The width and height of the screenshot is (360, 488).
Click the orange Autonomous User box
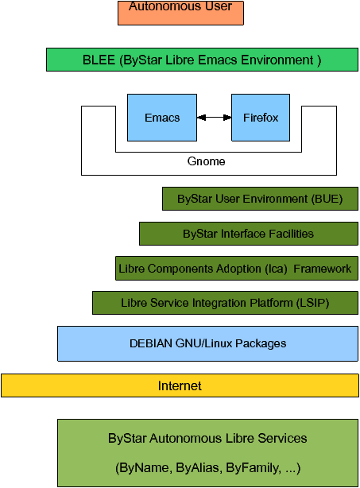pos(180,13)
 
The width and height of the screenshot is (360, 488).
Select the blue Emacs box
pos(162,118)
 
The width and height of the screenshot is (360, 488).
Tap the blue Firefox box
pos(261,118)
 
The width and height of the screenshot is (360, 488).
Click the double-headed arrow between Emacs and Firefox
pos(214,118)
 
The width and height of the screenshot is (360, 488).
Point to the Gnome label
pos(206,161)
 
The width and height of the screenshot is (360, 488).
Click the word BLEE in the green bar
pos(99,60)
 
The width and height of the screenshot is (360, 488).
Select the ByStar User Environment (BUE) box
pos(260,199)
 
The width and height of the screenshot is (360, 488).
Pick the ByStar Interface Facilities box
pos(249,234)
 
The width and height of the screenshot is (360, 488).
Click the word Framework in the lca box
pos(323,269)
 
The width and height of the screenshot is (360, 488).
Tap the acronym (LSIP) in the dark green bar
pos(312,303)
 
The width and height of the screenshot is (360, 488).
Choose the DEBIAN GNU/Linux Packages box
pos(208,343)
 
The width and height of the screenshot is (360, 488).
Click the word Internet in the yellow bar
pos(180,385)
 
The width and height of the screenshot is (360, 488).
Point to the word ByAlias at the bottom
pos(199,468)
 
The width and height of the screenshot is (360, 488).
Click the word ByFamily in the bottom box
pos(254,468)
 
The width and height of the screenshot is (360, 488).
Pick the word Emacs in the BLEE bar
pos(218,60)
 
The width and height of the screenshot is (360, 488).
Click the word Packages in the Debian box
pos(261,343)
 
